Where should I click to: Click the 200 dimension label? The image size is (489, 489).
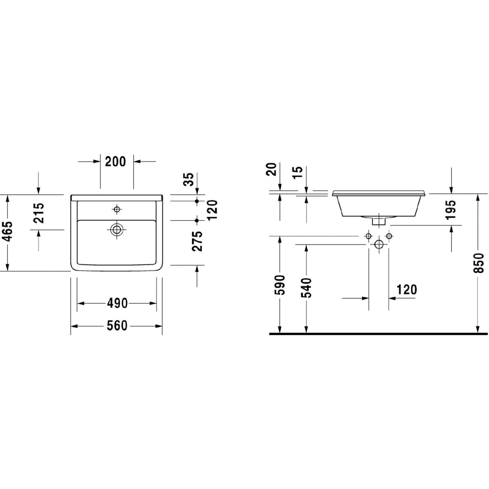[x=115, y=161]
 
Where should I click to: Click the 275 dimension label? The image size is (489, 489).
[x=197, y=241]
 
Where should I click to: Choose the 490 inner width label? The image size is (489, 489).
[x=117, y=303]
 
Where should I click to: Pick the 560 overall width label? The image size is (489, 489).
[x=117, y=326]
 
